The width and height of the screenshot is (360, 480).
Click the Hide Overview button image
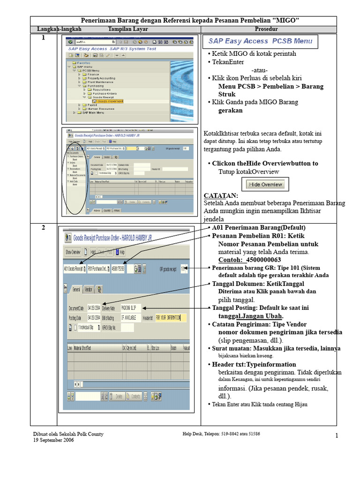(265, 184)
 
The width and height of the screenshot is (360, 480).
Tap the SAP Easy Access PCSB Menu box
(260, 41)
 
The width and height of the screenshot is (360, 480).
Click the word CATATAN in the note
(221, 195)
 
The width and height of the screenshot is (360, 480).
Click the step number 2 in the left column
(43, 228)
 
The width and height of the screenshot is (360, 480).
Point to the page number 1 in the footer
(337, 436)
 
